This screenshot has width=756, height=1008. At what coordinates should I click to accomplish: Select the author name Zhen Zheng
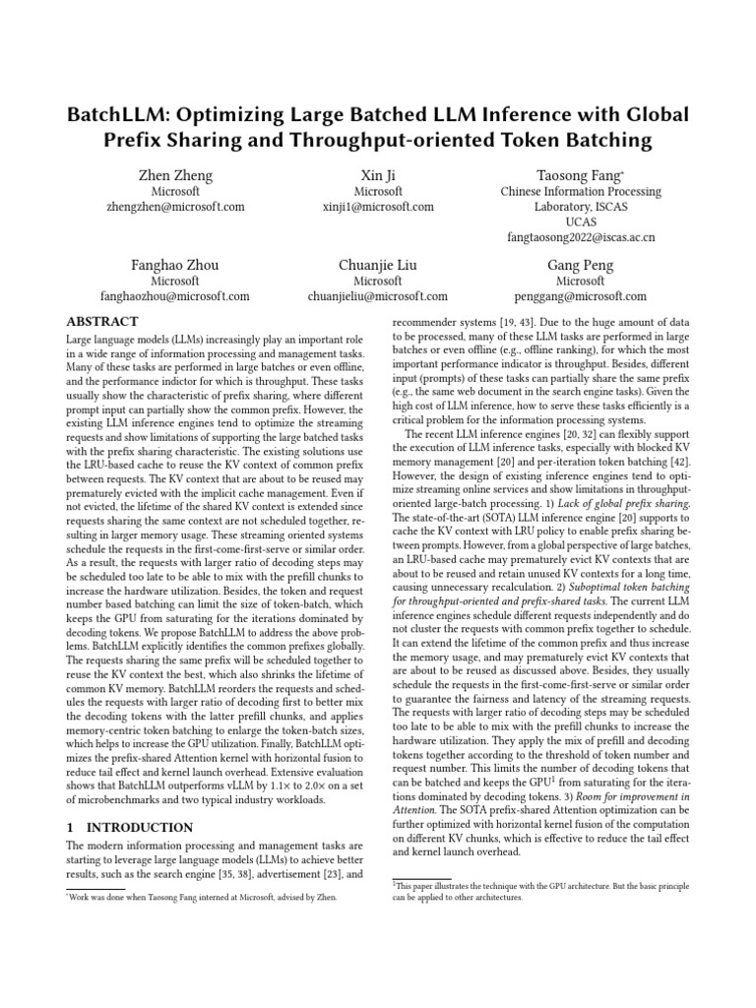(175, 175)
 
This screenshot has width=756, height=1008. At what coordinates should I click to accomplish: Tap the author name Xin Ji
(378, 175)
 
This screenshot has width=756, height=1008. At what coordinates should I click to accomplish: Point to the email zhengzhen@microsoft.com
(175, 207)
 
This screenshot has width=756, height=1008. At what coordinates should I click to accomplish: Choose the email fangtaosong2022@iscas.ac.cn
(581, 238)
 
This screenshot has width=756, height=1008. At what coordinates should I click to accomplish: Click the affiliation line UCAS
(581, 222)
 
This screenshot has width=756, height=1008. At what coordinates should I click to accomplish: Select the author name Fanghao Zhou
(175, 265)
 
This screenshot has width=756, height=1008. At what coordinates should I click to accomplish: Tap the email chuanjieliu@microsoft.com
(378, 296)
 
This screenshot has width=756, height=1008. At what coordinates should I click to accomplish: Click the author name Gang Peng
(581, 265)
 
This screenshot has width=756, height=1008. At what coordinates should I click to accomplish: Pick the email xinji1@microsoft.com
(378, 207)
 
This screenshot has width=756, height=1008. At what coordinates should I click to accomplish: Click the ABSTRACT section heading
(101, 322)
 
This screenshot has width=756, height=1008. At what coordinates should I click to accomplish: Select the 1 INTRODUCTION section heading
(129, 828)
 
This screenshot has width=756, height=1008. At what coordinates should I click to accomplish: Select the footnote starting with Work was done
(202, 898)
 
